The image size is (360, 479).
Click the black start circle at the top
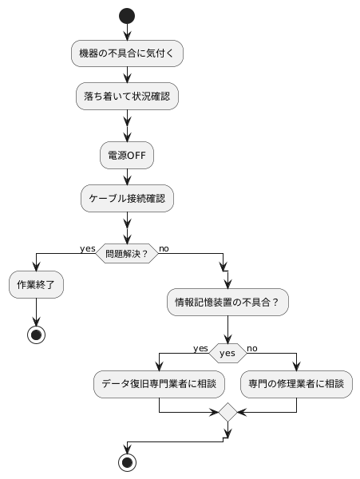tap(127, 15)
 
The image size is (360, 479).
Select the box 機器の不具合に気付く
tap(127, 53)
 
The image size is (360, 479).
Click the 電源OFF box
tap(127, 155)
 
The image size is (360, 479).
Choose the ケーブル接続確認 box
tap(127, 198)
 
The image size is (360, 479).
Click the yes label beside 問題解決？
tap(88, 248)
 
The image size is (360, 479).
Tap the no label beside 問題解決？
tap(164, 248)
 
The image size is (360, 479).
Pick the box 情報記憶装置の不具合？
tap(227, 303)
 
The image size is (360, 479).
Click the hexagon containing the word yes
tap(227, 353)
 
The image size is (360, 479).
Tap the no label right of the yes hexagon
tap(252, 348)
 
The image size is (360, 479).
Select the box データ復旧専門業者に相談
tap(160, 384)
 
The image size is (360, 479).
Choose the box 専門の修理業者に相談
tap(297, 384)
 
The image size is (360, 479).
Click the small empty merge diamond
tap(227, 414)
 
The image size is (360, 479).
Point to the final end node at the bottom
tap(127, 461)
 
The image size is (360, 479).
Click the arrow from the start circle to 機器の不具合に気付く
tap(127, 32)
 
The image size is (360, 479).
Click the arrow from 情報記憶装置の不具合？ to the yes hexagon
tap(227, 329)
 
